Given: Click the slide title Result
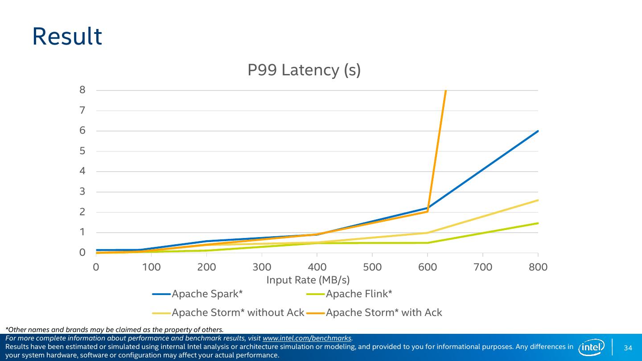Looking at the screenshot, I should point(67,37).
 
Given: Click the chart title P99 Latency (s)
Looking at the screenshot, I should point(304,70).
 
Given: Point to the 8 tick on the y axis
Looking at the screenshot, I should point(82,90).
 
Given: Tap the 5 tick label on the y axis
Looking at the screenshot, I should point(82,151).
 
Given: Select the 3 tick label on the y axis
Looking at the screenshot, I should point(82,192).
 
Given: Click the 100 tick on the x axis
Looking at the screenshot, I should point(151,267).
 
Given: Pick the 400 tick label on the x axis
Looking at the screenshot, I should point(317,267).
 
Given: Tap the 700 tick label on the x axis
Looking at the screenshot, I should point(483,267).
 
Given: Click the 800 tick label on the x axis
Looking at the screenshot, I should point(538,267).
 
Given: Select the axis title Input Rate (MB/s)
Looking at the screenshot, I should point(308,280).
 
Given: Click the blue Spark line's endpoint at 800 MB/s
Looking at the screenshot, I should point(538,131).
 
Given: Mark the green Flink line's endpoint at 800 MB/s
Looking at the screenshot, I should point(538,223).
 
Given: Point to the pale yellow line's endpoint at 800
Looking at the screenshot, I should point(538,200).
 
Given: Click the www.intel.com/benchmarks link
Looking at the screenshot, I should point(307,338).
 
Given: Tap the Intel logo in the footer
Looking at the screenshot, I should point(591,347).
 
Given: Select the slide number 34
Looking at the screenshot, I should point(628,348).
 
